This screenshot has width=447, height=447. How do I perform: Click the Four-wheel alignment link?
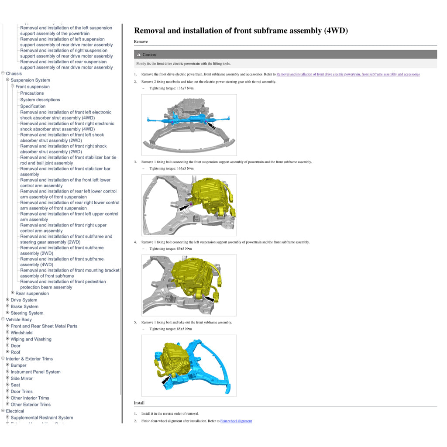tap(236, 421)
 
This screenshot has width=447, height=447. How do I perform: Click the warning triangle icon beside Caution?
tap(139, 55)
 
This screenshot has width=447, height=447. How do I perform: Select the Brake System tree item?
tap(24, 306)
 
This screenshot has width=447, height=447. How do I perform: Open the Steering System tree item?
tap(27, 313)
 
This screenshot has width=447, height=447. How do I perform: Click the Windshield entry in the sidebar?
tap(21, 333)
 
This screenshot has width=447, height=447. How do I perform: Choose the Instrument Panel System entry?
tap(35, 372)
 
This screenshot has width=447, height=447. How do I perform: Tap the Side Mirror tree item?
tap(21, 378)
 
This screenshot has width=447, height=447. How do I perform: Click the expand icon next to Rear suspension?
tap(12, 293)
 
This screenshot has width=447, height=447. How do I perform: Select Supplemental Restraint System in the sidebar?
tap(41, 418)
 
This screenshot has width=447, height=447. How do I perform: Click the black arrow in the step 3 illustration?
tap(185, 207)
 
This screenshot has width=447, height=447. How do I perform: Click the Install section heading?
tap(139, 403)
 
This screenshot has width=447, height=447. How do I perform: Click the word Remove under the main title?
tap(141, 42)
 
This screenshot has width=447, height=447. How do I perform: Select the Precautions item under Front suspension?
tap(32, 93)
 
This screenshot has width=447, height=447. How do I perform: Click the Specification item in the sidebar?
tap(33, 106)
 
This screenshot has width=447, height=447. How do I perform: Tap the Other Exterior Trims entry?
tap(31, 405)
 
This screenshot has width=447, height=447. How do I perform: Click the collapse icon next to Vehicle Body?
tap(3, 319)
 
